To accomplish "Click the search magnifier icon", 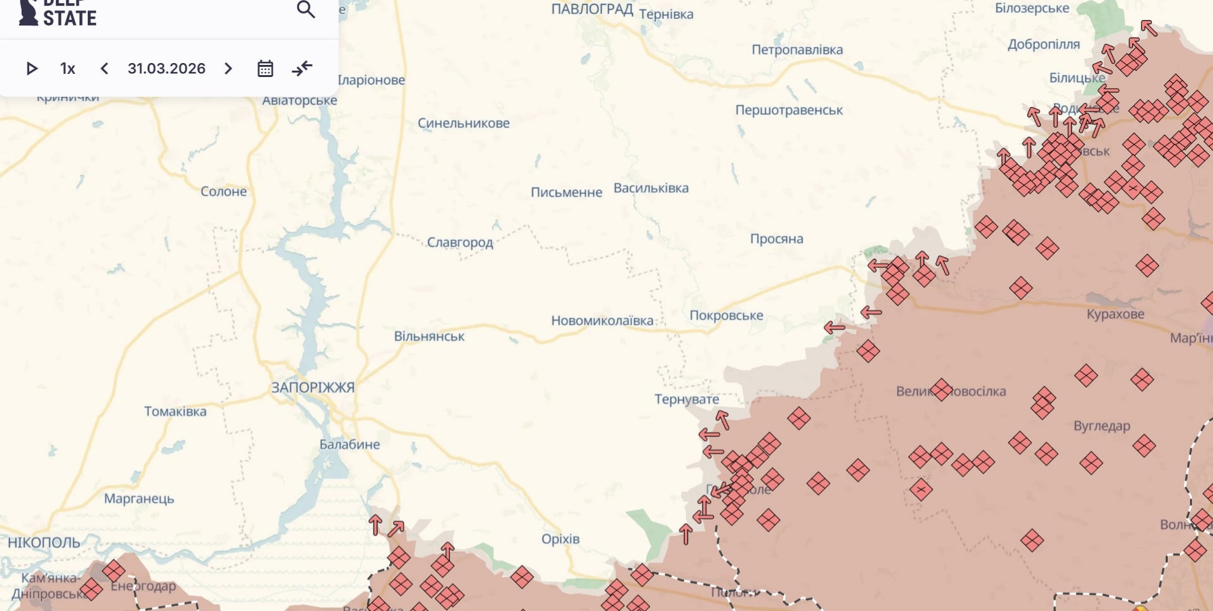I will pos(306,10).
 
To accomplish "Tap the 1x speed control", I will pos(67,69).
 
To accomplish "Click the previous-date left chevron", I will pos(104,69).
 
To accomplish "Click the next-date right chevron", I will pos(228,69).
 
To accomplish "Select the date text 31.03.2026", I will pos(166,69).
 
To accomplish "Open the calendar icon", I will pos(265,69).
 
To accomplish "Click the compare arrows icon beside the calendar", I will pos(302,68).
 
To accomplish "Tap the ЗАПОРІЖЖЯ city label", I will pos(312,388).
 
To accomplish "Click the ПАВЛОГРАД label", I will pos(592,9).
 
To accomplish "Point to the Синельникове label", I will pos(463,123).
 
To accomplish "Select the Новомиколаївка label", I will pos(602,321).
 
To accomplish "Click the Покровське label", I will pos(726,316).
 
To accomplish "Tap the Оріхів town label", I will pos(560,539).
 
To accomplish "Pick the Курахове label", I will pos(1115,314).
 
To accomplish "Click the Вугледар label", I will pos(1102,426).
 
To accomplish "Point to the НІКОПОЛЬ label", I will pos(44,543).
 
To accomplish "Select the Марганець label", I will pos(139,499).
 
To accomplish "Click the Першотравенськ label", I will pos(789,110).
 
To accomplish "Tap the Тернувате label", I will pos(687,400).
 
